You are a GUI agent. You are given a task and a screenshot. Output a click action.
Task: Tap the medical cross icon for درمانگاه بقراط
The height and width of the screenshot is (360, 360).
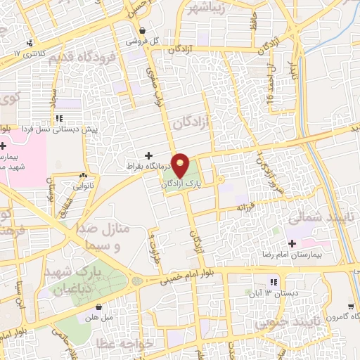(x=148, y=155)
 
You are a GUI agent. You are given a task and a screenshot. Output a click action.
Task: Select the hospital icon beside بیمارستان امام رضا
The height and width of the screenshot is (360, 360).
(x=292, y=243)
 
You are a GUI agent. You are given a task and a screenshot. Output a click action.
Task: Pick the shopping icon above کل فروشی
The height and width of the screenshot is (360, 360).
(x=143, y=31)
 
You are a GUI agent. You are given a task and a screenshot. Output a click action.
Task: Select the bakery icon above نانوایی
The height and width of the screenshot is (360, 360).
(x=84, y=175)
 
